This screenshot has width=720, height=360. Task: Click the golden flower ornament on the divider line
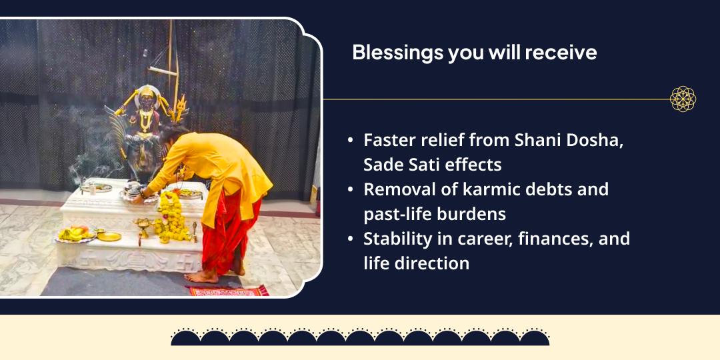coord(683,99)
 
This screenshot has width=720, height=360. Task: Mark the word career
coord(475,238)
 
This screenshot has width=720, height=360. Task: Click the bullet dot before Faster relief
coord(351,141)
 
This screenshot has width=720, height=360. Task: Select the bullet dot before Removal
coord(351,190)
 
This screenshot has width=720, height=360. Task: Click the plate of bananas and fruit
coord(73,235)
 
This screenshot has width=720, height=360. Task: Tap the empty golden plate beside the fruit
coord(108,236)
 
